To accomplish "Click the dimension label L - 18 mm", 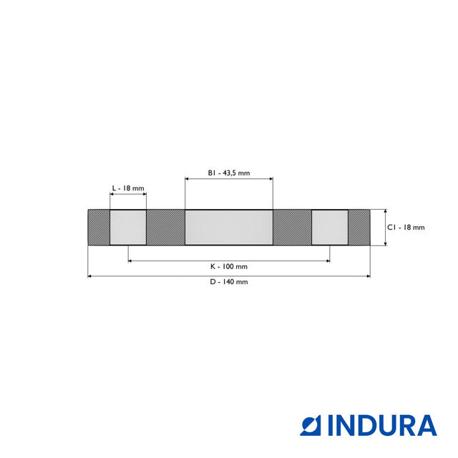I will tap(128, 188).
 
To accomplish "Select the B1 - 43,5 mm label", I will tap(229, 172).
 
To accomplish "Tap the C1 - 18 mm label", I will tap(406, 228).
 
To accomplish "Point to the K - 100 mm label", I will tap(229, 266).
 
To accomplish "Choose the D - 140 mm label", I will tap(229, 282).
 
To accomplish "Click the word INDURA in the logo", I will tap(381, 425).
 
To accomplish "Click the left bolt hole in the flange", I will tap(128, 228).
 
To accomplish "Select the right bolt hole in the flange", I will tap(330, 228).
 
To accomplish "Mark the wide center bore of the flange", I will tap(229, 228).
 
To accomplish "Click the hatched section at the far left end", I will tap(99, 228).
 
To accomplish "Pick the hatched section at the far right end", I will tap(359, 228).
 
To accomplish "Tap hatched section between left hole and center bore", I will tap(165, 228).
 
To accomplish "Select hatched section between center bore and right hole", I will tap(292, 228).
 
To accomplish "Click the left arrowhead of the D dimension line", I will tap(89, 276).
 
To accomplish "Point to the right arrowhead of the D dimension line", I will tap(369, 276).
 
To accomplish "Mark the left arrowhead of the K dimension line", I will tap(130, 260).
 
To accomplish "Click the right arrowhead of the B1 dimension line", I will tap(271, 179).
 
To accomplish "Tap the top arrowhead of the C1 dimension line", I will tap(386, 212).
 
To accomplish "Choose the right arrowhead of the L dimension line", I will tap(145, 195).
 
